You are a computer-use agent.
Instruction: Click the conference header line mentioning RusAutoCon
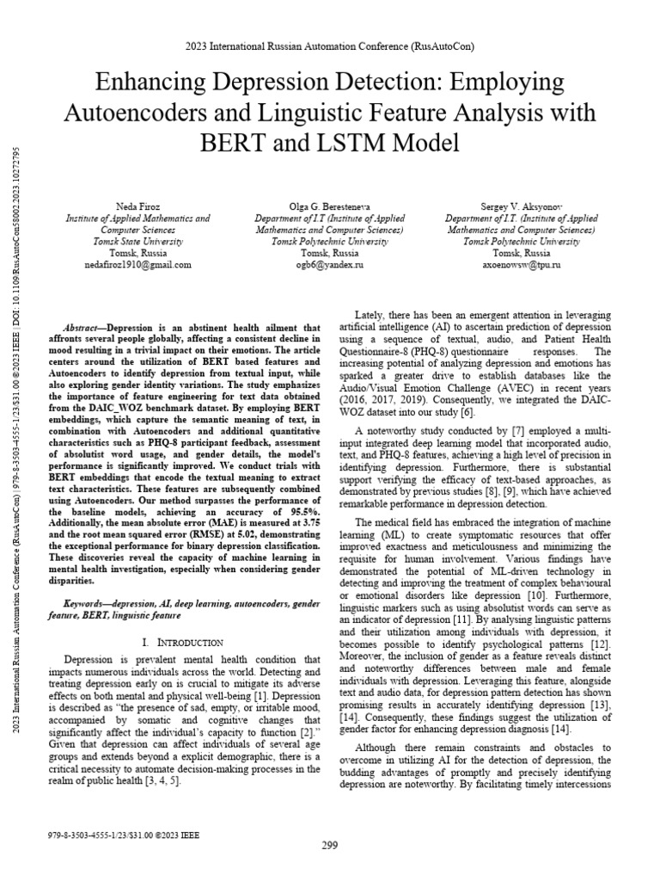tap(330, 46)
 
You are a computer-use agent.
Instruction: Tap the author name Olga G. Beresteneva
tap(331, 207)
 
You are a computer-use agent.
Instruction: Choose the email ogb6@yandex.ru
tap(331, 266)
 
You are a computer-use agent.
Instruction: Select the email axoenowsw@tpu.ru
tap(522, 266)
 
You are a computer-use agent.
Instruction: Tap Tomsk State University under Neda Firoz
tap(137, 242)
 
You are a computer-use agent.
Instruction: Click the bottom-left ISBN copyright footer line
tap(116, 835)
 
